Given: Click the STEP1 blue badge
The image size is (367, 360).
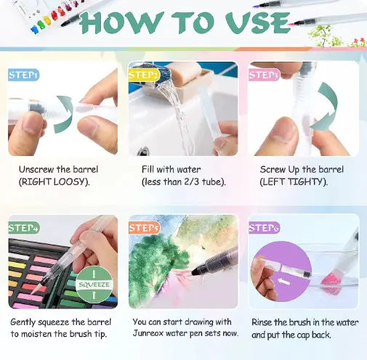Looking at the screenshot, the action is [23, 75].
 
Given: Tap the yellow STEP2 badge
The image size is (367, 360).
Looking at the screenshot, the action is [144, 75].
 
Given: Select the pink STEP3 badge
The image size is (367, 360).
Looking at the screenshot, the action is [264, 75].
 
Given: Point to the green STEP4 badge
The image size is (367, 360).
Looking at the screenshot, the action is [23, 228].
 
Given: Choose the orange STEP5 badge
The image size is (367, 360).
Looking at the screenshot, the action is [145, 228].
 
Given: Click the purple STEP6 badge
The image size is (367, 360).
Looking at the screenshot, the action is [265, 228].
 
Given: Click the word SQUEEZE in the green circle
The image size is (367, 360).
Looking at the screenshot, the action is [94, 285].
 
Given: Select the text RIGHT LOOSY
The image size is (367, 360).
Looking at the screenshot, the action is [54, 181].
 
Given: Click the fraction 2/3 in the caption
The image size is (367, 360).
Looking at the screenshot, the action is [192, 181].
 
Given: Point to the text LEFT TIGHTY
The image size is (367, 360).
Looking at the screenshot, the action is [294, 181].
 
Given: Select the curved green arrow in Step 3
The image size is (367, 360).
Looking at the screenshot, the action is [328, 107].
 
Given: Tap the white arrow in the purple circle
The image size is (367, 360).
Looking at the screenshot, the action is [283, 282].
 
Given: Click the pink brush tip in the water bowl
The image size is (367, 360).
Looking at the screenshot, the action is [329, 280].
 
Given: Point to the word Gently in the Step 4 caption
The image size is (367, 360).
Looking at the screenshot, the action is [23, 323].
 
